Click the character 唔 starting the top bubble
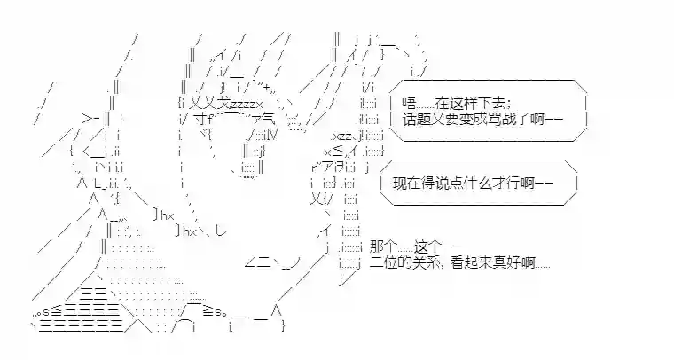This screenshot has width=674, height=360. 407,102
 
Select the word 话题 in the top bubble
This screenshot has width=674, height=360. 415,118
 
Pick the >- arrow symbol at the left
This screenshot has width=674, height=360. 86,118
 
